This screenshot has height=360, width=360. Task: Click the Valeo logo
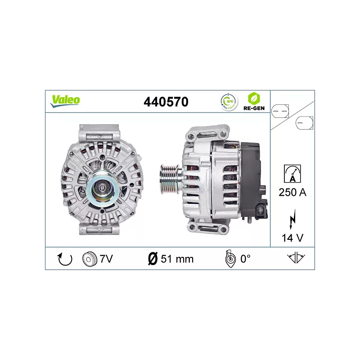click(x=65, y=100)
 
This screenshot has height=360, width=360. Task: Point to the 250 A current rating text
click(x=292, y=192)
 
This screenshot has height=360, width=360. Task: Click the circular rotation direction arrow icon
click(x=66, y=259)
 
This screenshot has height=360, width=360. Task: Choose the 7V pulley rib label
click(x=106, y=259)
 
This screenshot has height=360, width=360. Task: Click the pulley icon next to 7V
click(x=90, y=259)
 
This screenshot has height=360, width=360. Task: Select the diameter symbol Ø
click(x=153, y=259)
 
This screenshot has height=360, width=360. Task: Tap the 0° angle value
click(x=245, y=259)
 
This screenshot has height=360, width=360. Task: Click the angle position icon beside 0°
click(x=229, y=259)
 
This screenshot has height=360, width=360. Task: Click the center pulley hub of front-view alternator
click(x=102, y=188)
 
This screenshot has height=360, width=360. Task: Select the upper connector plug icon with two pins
click(x=281, y=110)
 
